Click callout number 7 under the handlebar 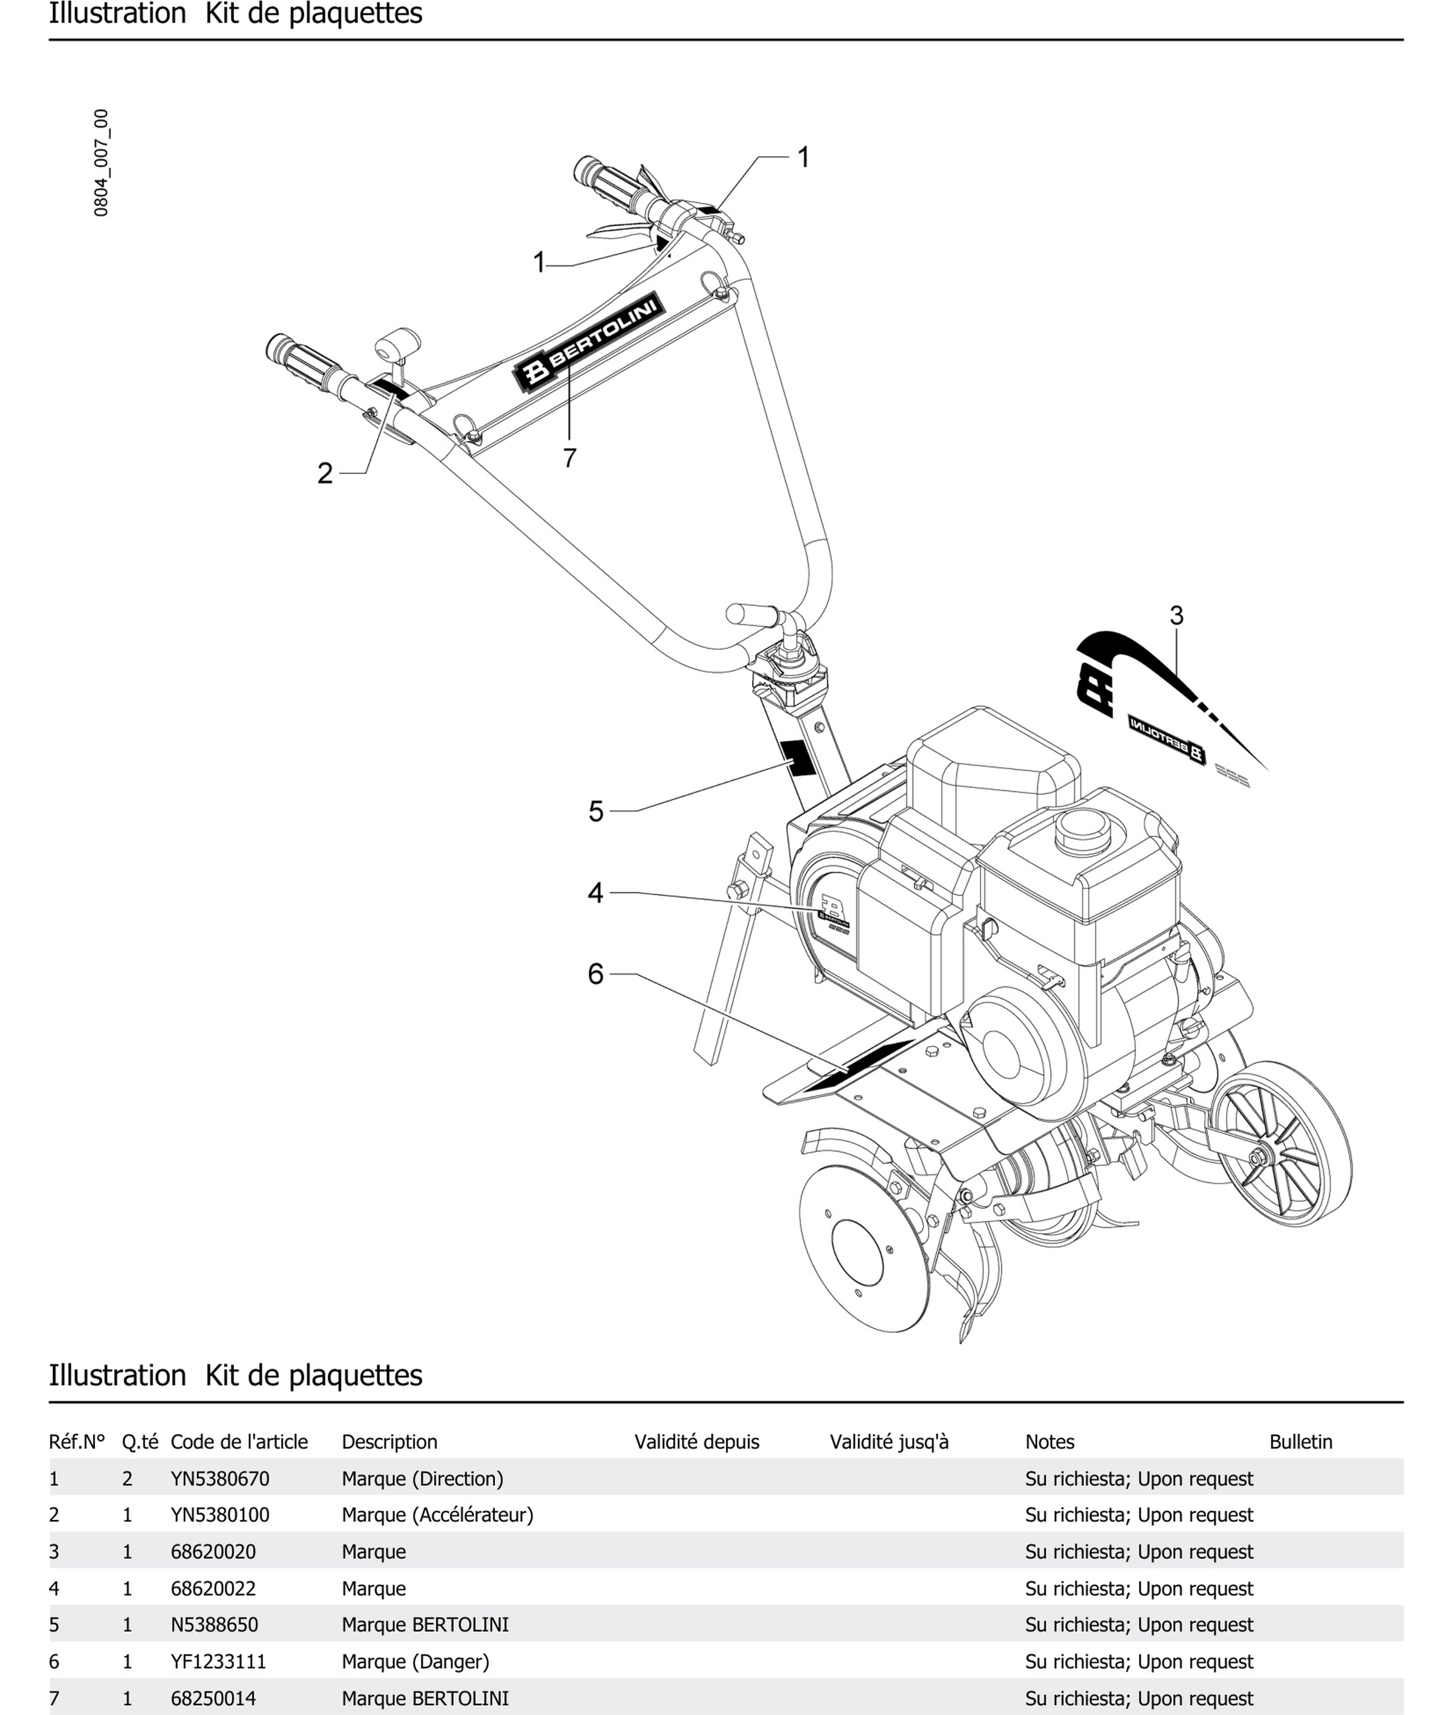click(569, 457)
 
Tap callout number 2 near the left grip click(325, 473)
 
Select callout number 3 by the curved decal click(1176, 615)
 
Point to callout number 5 click(596, 811)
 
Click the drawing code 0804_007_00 click(101, 163)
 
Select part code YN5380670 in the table click(220, 1479)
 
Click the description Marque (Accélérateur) click(437, 1515)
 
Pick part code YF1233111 click(218, 1661)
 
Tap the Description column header click(389, 1442)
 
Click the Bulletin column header click(1300, 1442)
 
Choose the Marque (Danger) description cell click(415, 1661)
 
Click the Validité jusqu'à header click(890, 1442)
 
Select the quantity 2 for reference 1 click(127, 1479)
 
